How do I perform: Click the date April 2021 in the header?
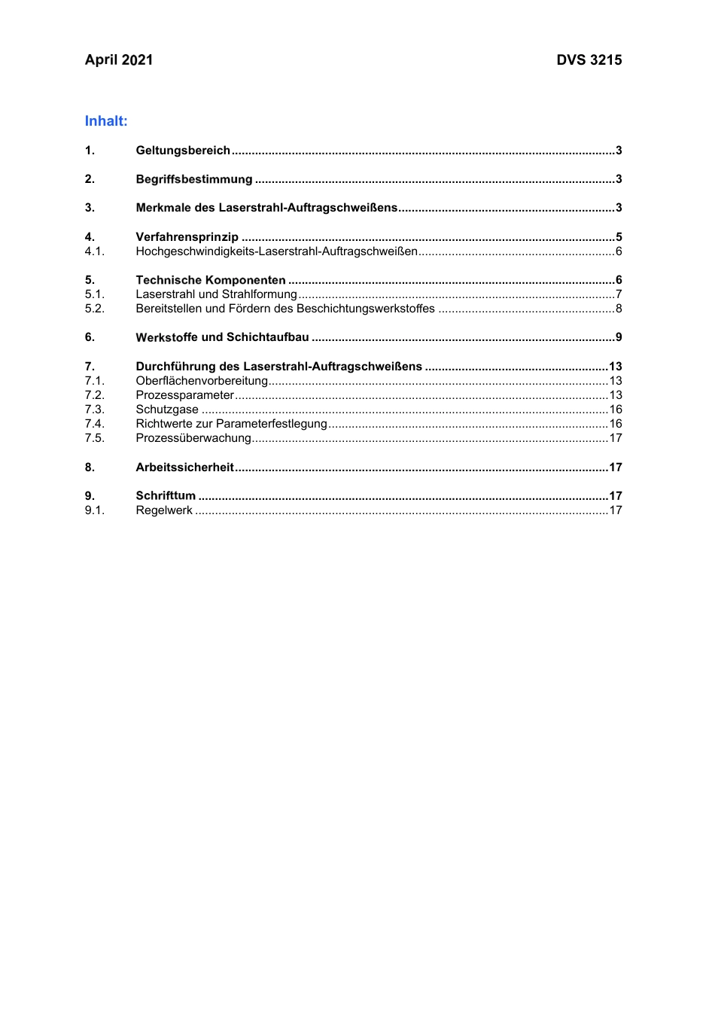(x=119, y=60)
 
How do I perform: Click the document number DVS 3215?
(x=589, y=60)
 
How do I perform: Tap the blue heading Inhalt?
(x=106, y=121)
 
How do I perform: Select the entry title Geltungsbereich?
(x=183, y=151)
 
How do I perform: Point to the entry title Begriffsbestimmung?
(x=194, y=179)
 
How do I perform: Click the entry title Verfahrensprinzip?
(x=187, y=237)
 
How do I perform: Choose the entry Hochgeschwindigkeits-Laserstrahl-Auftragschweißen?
(x=276, y=251)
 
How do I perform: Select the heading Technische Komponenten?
(x=211, y=280)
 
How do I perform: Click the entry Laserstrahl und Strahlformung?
(x=216, y=294)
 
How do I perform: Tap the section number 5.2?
(x=95, y=309)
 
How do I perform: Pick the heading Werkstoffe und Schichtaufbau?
(x=222, y=337)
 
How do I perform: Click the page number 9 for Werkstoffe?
(x=619, y=337)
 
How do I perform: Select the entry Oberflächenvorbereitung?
(x=202, y=381)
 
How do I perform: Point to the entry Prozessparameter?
(x=185, y=395)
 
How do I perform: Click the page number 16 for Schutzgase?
(x=616, y=410)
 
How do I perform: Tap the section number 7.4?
(x=95, y=424)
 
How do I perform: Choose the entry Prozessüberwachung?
(x=193, y=438)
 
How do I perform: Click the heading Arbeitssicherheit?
(x=184, y=467)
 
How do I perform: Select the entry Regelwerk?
(x=164, y=510)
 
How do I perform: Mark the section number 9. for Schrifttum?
(x=90, y=496)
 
